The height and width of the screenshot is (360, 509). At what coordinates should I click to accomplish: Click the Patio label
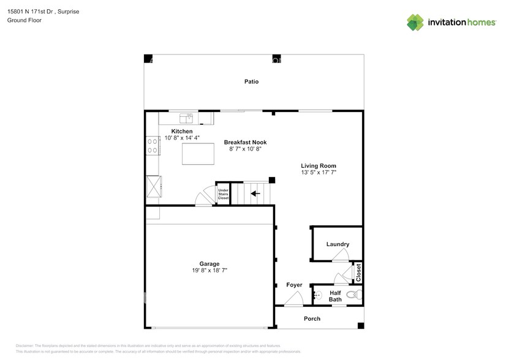(251, 81)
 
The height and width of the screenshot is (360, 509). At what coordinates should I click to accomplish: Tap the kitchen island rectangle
(198, 156)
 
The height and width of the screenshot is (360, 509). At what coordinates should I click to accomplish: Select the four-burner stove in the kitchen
(152, 144)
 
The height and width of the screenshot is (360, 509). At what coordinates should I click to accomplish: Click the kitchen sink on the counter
(185, 116)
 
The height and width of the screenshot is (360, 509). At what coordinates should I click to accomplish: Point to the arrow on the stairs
(254, 193)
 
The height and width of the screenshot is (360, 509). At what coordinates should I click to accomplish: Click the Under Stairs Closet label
(224, 194)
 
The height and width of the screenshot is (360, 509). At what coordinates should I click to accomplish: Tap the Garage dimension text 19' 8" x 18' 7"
(210, 270)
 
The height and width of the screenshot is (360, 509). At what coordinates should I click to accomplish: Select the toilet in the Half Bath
(352, 295)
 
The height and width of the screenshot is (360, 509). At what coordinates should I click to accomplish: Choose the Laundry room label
(337, 244)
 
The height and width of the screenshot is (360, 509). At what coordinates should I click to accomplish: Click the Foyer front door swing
(293, 299)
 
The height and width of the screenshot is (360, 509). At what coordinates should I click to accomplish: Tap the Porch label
(312, 319)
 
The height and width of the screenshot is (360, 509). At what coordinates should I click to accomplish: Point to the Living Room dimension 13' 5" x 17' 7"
(318, 173)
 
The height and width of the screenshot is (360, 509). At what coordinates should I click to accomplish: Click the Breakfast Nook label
(245, 142)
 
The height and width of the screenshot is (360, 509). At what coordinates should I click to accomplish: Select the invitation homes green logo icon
(415, 23)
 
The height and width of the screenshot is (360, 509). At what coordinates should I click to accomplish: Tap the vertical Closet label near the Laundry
(359, 273)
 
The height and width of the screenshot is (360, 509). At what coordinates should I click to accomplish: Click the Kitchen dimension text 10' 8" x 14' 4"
(181, 138)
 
